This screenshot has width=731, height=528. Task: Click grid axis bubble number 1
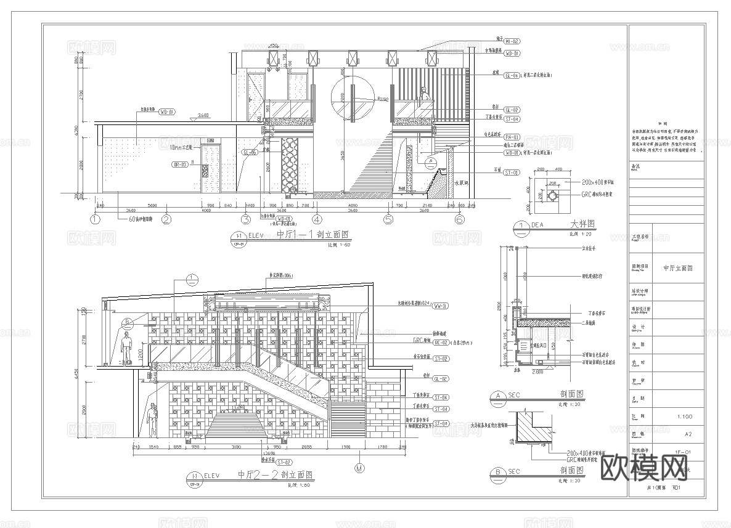click(x=95, y=219)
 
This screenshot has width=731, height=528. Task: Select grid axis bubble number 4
click(x=317, y=219)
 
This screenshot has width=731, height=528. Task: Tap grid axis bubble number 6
click(x=459, y=219)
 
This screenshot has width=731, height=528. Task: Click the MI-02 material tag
click(x=512, y=40)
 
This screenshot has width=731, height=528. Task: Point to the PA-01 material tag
click(x=512, y=137)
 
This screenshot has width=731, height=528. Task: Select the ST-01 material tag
click(x=512, y=173)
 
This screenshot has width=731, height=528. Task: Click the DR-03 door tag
click(x=181, y=164)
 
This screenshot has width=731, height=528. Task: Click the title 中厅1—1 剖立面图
click(x=312, y=235)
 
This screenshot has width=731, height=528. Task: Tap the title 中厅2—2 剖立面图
click(x=275, y=475)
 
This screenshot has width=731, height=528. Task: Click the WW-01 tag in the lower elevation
click(x=441, y=306)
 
